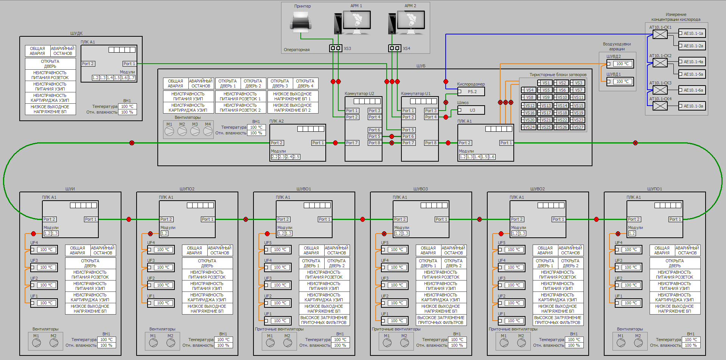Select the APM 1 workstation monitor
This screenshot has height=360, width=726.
click(x=356, y=20)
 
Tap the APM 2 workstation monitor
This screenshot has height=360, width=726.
click(x=411, y=20)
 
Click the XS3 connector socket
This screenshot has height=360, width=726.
click(x=336, y=48)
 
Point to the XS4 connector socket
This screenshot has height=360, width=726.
click(x=395, y=48)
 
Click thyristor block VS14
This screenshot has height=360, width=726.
click(x=562, y=106)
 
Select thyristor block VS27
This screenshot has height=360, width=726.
click(x=578, y=127)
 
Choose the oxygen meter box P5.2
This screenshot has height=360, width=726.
click(x=471, y=92)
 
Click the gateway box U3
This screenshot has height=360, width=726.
click(x=471, y=110)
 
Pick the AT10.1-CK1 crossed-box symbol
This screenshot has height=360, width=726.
click(x=660, y=34)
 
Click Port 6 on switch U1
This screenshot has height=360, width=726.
click(x=408, y=136)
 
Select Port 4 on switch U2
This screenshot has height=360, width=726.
click(x=374, y=117)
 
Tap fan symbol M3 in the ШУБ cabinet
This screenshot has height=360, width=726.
click(x=195, y=131)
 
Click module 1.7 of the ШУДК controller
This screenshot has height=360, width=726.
click(x=131, y=78)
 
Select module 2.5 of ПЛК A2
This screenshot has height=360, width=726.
click(x=296, y=157)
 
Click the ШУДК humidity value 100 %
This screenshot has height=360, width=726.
click(x=127, y=112)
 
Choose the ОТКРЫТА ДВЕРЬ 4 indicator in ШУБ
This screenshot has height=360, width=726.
click(x=305, y=83)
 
